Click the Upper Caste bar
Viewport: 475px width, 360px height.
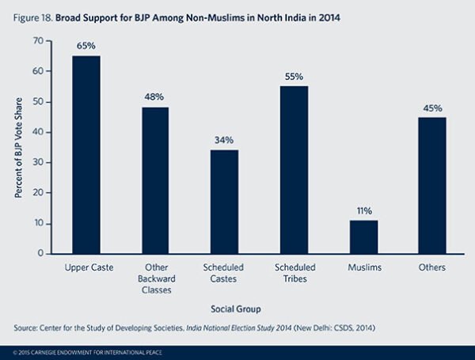pos(86,154)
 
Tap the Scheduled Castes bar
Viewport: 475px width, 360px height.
pos(225,202)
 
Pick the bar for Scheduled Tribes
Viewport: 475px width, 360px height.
pos(294,169)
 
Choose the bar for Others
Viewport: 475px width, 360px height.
pos(433,185)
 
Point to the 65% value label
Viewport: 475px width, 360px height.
pos(86,46)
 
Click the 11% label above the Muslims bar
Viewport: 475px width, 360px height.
pos(364,211)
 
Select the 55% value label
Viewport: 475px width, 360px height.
pos(294,77)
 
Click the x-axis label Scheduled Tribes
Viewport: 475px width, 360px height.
pos(294,273)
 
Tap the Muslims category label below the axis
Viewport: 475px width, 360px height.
pos(364,268)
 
